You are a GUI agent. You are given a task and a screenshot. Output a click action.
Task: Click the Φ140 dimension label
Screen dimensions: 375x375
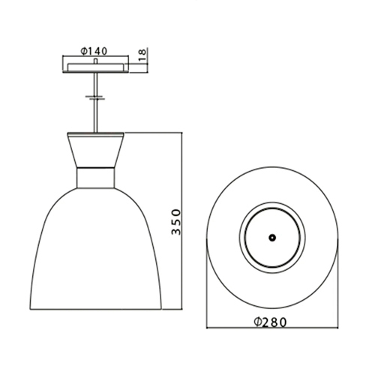94,51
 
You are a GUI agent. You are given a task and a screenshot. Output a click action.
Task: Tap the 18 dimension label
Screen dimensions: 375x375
142,55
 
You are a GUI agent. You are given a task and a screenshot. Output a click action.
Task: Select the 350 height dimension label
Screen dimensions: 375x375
176,222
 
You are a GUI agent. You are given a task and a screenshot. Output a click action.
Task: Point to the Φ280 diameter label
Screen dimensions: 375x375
270,322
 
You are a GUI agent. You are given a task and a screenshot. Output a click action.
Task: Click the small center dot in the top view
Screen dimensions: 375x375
272,238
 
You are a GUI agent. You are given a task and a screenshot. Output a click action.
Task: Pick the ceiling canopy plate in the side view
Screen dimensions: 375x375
95,67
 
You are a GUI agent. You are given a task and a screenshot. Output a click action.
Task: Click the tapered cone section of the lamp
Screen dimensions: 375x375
95,151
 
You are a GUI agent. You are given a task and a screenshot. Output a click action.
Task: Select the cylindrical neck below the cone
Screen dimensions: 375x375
95,178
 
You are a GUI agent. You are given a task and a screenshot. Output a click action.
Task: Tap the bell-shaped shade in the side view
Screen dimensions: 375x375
96,249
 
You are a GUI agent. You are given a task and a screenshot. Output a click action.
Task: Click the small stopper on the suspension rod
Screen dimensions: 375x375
95,97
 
